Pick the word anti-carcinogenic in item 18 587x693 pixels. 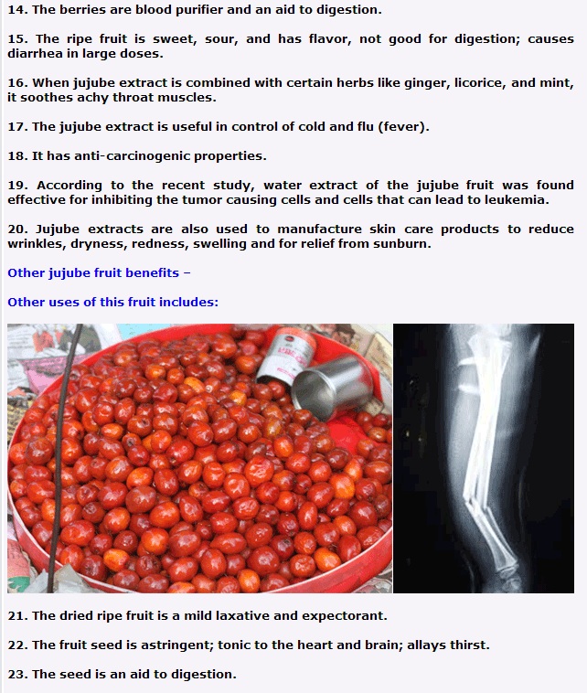[133, 156]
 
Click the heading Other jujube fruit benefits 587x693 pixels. [99, 273]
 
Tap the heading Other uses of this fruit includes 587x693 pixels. [113, 302]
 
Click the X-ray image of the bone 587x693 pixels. [484, 458]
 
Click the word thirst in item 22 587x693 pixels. [469, 645]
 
